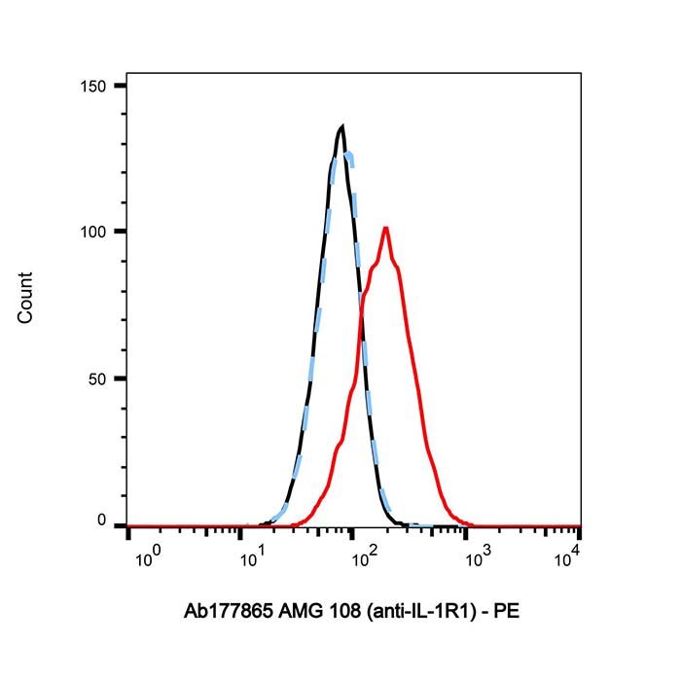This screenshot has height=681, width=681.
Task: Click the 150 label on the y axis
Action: [x=93, y=87]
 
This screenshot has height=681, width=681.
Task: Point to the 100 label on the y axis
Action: [x=93, y=232]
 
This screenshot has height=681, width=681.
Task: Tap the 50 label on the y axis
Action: [x=97, y=379]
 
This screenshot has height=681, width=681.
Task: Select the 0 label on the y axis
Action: [x=101, y=520]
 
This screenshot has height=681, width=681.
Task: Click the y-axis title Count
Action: [x=25, y=298]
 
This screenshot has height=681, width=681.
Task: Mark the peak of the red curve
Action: [x=385, y=228]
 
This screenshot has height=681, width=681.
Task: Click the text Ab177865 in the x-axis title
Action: [x=229, y=612]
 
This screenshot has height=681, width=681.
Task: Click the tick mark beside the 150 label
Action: [x=121, y=86]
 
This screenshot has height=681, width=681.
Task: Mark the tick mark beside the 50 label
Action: [x=121, y=378]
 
